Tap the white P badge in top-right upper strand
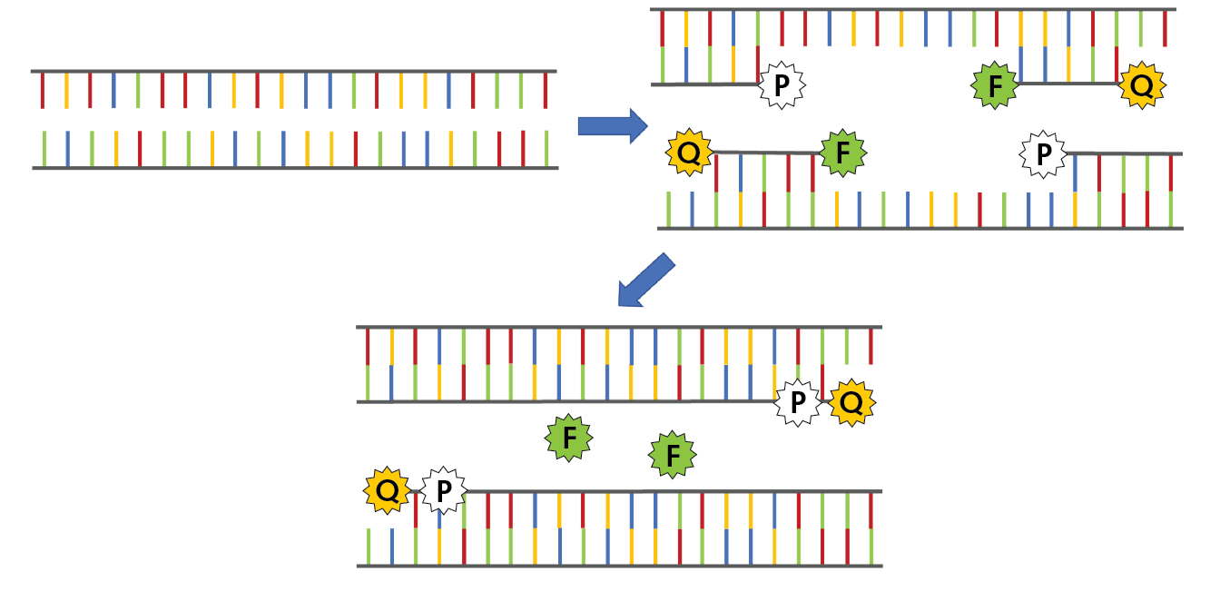pos(782,86)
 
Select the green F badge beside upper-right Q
pos(995,86)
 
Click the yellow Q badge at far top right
pos(1141,86)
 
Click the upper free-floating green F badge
pos(568,438)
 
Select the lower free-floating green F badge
pos(673,455)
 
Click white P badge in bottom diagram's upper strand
pos(797,402)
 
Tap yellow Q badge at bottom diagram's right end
pos(851,402)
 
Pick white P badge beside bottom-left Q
pos(443,491)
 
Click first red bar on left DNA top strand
pos(42,91)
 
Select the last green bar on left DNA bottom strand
pos(546,148)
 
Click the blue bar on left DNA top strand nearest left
pos(113,91)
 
